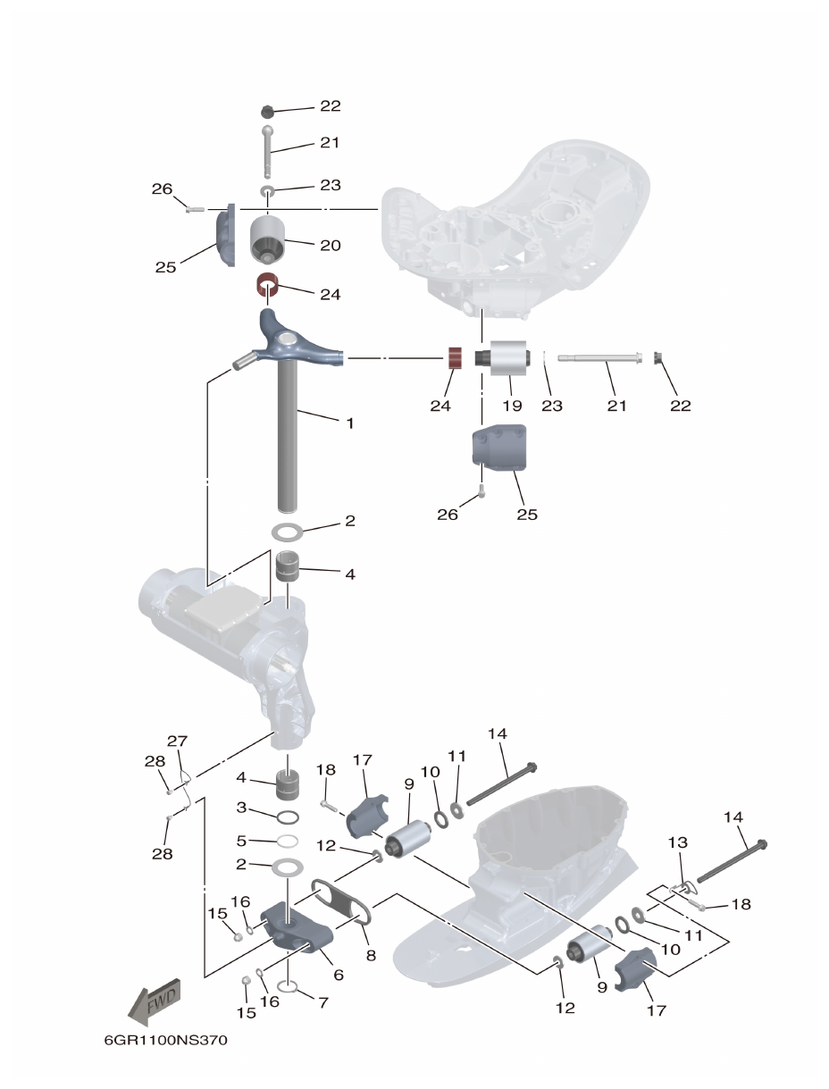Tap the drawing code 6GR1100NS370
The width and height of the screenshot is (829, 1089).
tap(160, 1042)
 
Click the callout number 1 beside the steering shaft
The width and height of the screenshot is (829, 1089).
tap(349, 423)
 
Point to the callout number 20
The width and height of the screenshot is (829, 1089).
tap(331, 245)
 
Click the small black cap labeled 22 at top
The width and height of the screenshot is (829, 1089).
tap(267, 111)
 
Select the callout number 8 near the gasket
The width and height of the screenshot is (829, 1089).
tap(370, 955)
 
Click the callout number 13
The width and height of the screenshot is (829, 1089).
tap(678, 842)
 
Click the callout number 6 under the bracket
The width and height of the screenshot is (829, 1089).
tap(339, 976)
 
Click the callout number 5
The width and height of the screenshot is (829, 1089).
tap(242, 840)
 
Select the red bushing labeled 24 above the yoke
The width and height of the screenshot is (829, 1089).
tap(267, 288)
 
